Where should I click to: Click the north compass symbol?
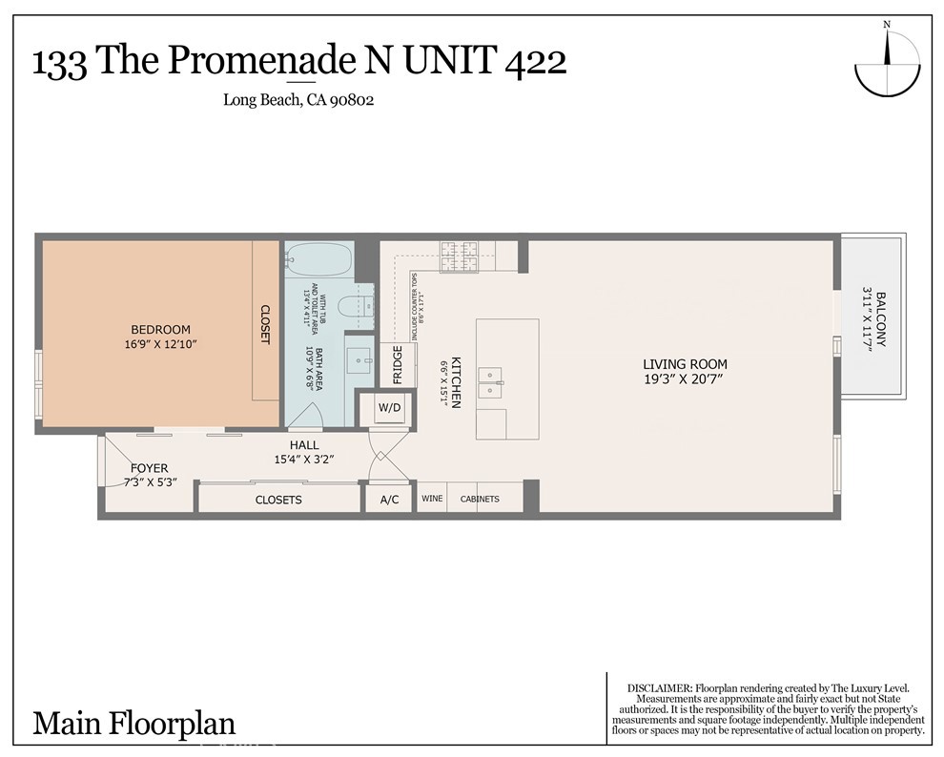pyautogui.click(x=888, y=66)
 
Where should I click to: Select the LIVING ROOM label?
pyautogui.click(x=685, y=364)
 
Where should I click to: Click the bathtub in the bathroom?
pyautogui.click(x=318, y=257)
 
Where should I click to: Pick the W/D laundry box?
pyautogui.click(x=389, y=409)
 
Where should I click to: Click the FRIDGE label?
pyautogui.click(x=398, y=364)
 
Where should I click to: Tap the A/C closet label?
pyautogui.click(x=389, y=500)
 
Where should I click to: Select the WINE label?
pyautogui.click(x=432, y=499)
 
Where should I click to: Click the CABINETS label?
pyautogui.click(x=480, y=499)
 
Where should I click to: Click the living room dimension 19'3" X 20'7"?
pyautogui.click(x=685, y=379)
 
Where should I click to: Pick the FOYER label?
pyautogui.click(x=149, y=468)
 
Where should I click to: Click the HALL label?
pyautogui.click(x=304, y=445)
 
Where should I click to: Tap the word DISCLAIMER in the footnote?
pyautogui.click(x=658, y=688)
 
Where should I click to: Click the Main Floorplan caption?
pyautogui.click(x=133, y=724)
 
